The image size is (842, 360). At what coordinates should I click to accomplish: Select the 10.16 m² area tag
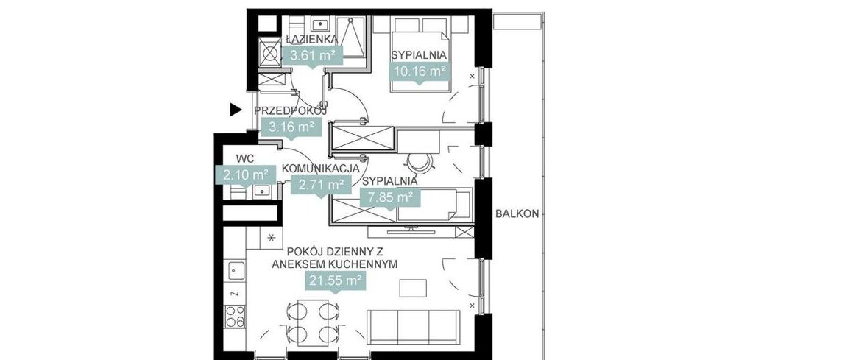[418, 71]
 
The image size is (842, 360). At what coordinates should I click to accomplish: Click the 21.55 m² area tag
[335, 280]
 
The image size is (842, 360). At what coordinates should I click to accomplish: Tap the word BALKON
[517, 214]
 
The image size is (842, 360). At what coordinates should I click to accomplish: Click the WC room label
[245, 158]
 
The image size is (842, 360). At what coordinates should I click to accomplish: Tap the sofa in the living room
[414, 326]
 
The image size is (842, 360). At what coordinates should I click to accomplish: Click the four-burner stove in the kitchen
[235, 316]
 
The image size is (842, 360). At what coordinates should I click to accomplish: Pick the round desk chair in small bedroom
[417, 161]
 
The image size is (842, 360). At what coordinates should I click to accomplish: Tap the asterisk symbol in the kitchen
[272, 238]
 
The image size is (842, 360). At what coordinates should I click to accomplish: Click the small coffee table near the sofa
[412, 287]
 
